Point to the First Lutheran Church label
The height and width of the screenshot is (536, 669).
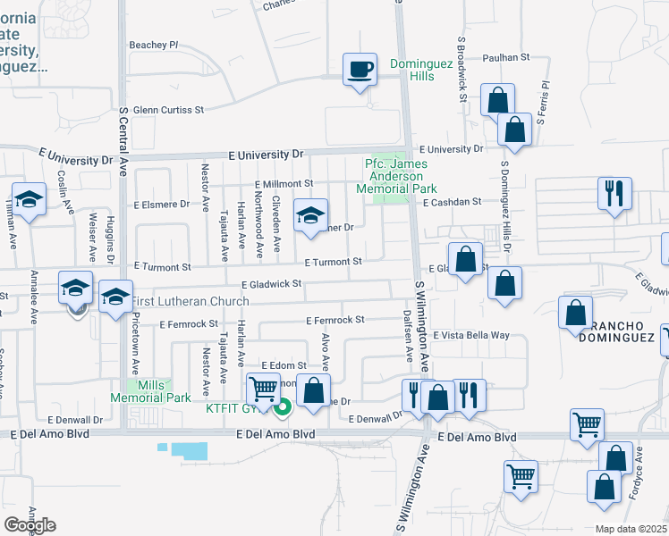pyautogui.click(x=191, y=302)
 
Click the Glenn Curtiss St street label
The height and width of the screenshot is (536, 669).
pyautogui.click(x=168, y=110)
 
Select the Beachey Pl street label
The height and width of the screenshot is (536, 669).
pyautogui.click(x=154, y=44)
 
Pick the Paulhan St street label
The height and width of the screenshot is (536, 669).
pyautogui.click(x=505, y=56)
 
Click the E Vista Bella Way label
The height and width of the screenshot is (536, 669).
pyautogui.click(x=470, y=335)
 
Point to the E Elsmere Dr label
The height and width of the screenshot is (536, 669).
pyautogui.click(x=162, y=204)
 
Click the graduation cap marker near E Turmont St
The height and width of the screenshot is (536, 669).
pyautogui.click(x=310, y=216)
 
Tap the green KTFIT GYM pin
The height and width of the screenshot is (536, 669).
pyautogui.click(x=284, y=410)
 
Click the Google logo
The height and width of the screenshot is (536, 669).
pyautogui.click(x=30, y=525)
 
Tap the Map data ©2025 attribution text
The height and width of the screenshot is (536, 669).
pyautogui.click(x=631, y=529)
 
